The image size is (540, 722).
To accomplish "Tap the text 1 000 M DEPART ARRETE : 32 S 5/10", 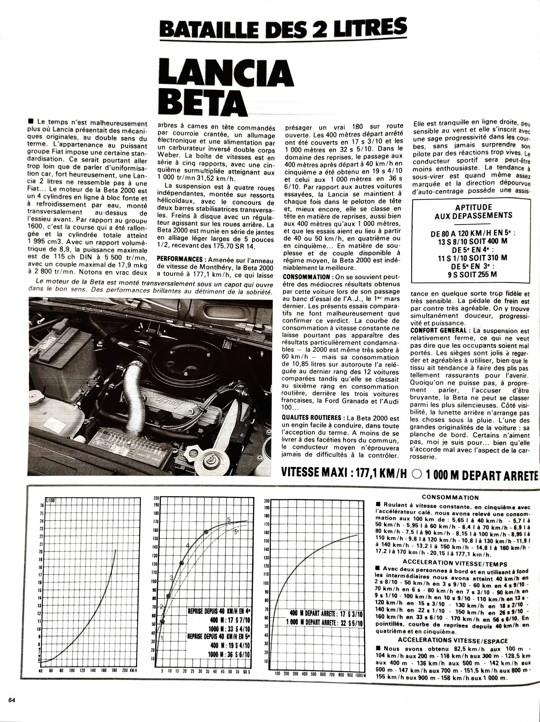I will click(x=324, y=622).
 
